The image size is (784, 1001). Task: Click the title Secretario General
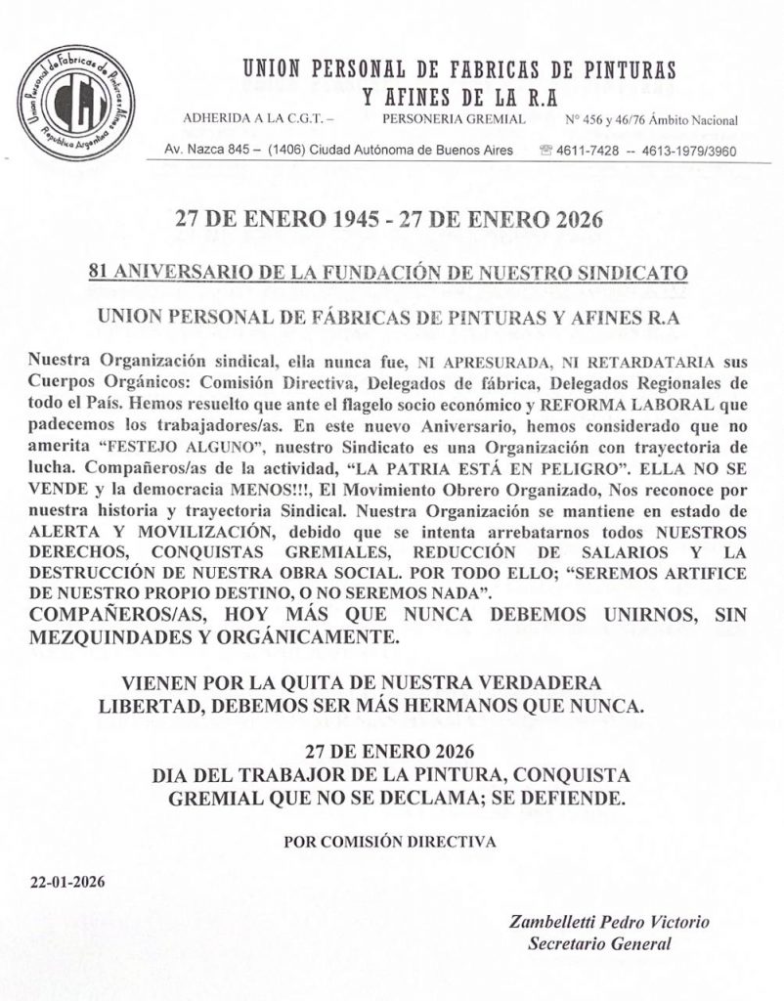point(599,943)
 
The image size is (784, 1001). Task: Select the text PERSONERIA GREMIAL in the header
point(455,120)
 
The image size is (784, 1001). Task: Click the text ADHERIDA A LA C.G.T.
point(259,120)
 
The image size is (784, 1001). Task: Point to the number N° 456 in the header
point(587,120)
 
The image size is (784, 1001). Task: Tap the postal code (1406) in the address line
point(281,152)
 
